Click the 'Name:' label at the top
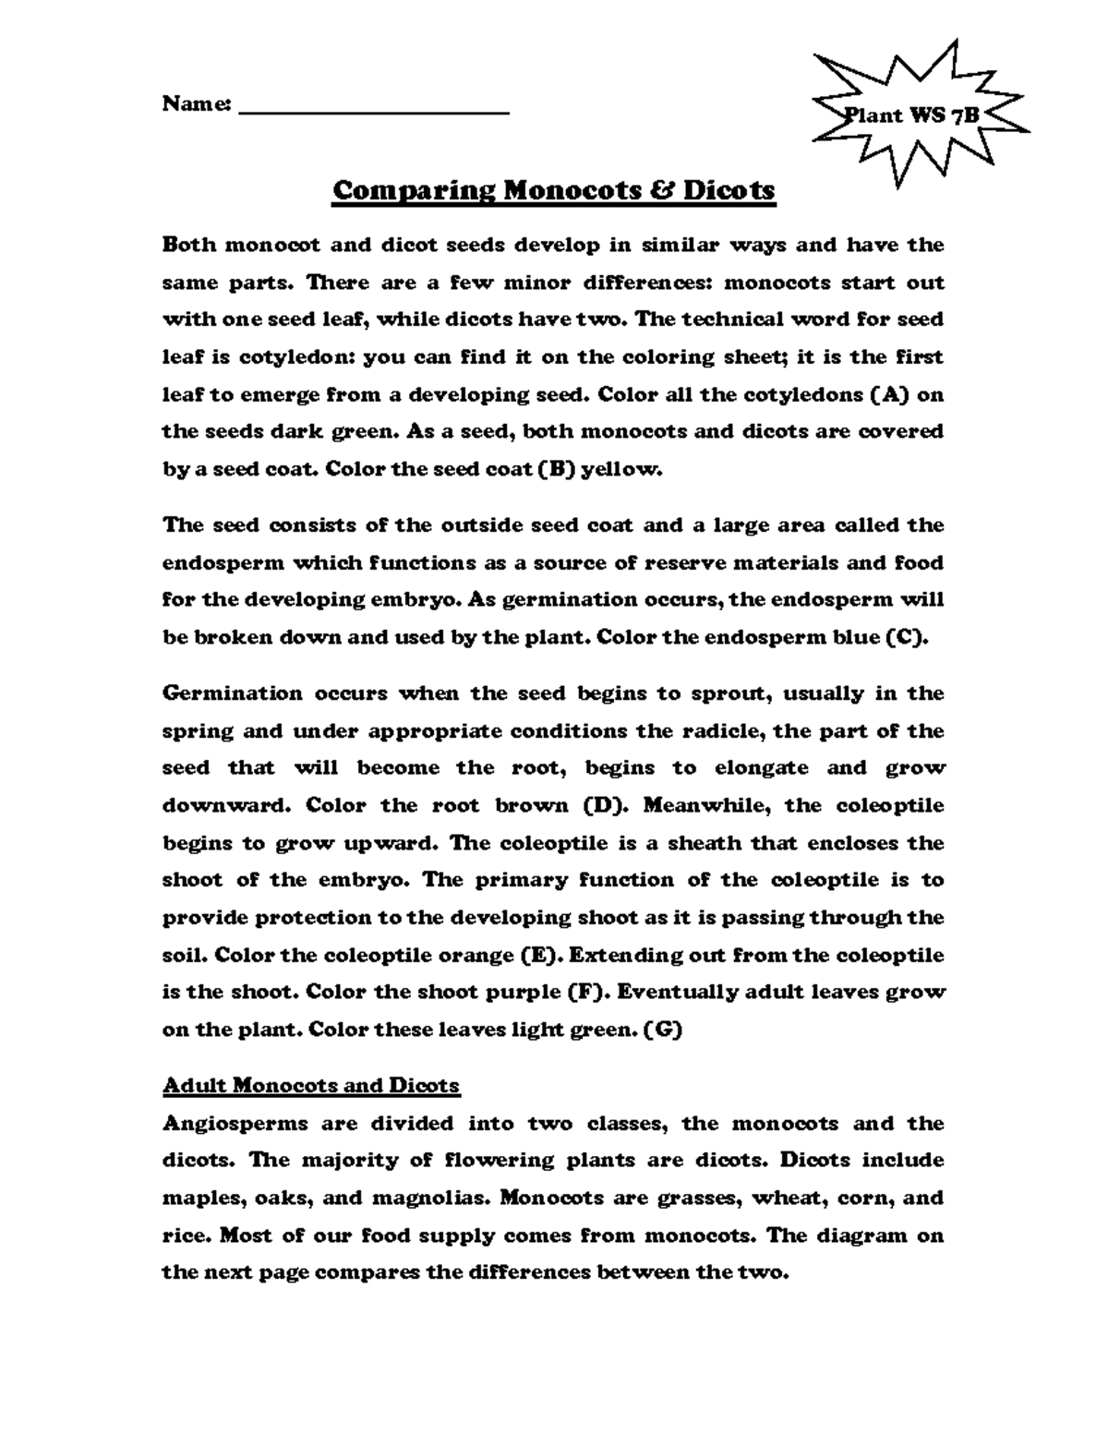pos(196,103)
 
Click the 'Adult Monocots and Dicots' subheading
pos(310,1085)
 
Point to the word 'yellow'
pos(626,469)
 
